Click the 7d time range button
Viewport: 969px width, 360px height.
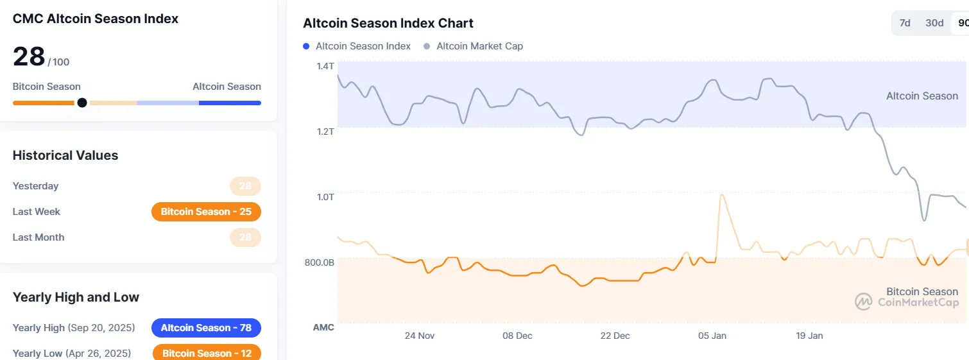[x=905, y=23]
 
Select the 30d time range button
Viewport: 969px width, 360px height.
[x=934, y=23]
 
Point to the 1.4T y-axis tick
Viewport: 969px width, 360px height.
[x=325, y=65]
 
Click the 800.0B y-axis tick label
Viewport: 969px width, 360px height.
[x=319, y=262]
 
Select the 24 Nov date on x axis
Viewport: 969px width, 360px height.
[x=420, y=336]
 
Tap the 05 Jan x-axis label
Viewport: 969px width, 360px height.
[x=712, y=336]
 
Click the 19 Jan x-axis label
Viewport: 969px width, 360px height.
[x=809, y=336]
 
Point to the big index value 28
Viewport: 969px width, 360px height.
[x=29, y=57]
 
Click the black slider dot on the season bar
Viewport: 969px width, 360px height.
[x=82, y=103]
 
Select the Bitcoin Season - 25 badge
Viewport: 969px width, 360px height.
[x=206, y=212]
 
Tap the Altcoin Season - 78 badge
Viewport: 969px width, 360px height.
[x=206, y=328]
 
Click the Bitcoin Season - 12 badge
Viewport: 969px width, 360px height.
[x=207, y=353]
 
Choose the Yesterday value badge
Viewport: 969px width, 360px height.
[x=245, y=186]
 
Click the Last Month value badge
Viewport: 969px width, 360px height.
[x=245, y=237]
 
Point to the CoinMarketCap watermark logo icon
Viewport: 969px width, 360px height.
[x=864, y=302]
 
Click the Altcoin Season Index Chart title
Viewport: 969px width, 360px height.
[x=388, y=23]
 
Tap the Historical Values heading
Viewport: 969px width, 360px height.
[x=65, y=155]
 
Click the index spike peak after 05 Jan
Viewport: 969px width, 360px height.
[x=723, y=195]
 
